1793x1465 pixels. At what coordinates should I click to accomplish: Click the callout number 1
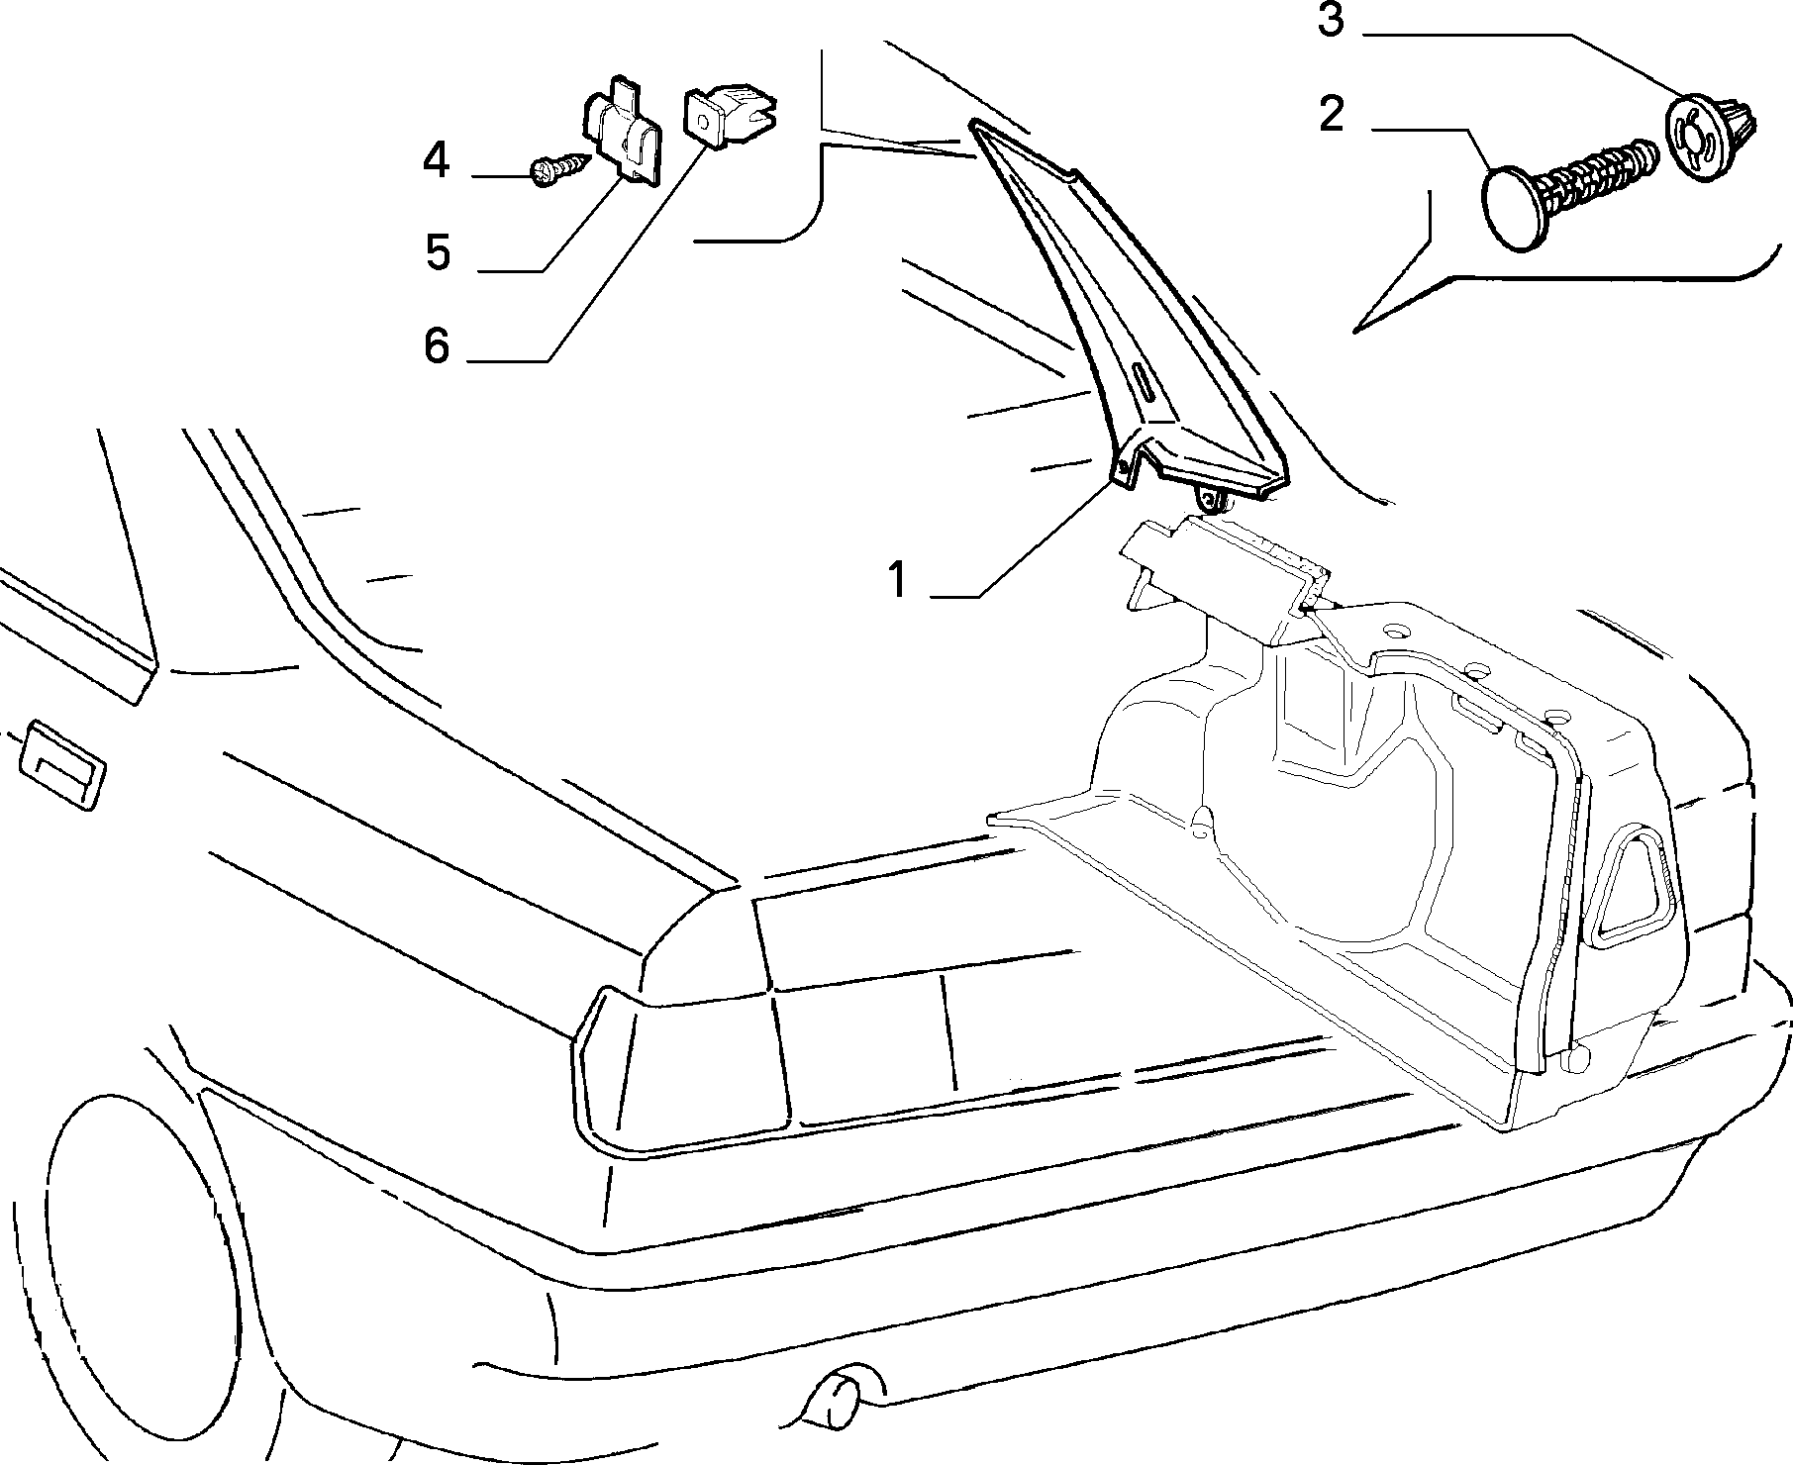click(x=897, y=580)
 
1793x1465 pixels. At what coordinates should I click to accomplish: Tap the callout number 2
click(x=1332, y=116)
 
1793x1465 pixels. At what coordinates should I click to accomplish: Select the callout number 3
click(x=1330, y=20)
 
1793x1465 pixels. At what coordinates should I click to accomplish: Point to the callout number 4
click(x=436, y=160)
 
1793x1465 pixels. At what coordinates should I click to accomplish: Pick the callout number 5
click(x=437, y=252)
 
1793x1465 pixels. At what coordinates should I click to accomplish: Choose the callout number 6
click(x=436, y=346)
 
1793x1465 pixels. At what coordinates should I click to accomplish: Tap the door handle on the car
click(x=59, y=766)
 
